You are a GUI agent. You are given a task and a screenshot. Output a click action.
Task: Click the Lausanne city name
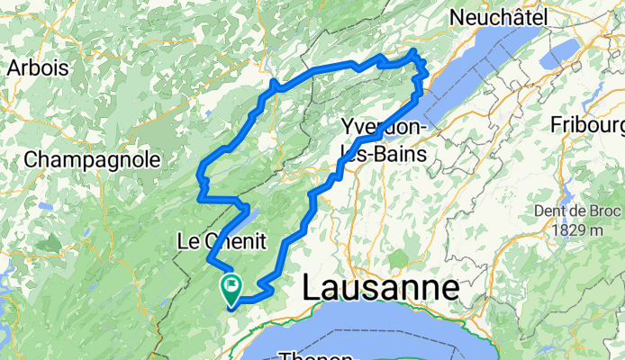[380, 288]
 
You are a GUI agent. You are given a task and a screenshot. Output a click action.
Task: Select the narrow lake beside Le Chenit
[249, 215]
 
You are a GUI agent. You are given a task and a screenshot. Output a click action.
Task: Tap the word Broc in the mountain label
[605, 211]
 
